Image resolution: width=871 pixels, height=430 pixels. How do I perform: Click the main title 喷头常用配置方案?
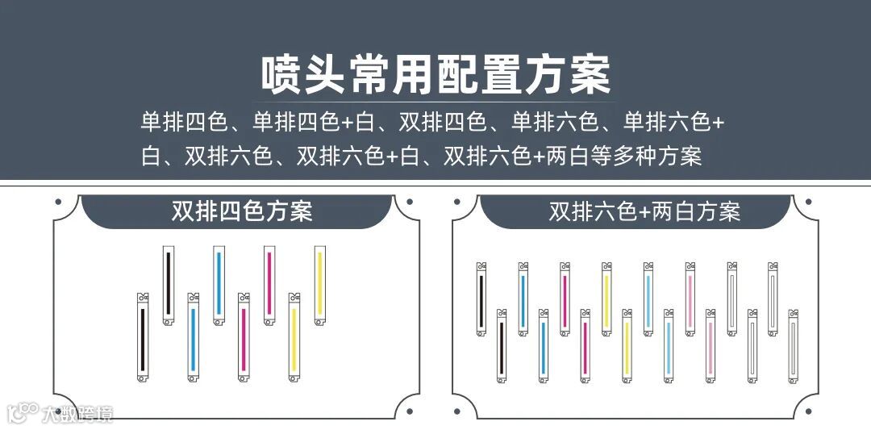point(435,74)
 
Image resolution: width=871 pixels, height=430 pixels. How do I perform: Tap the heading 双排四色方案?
point(242,211)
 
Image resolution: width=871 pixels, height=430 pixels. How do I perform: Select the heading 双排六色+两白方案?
point(644,211)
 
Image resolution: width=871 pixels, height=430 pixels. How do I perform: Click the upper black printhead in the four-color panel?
point(169,285)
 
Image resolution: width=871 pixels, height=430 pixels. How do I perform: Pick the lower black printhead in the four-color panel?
point(143,337)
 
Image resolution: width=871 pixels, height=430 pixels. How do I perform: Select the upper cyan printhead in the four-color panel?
point(219,285)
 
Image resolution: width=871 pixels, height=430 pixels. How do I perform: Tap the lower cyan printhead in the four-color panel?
point(193,337)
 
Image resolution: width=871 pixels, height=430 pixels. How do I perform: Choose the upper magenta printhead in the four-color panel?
point(269,285)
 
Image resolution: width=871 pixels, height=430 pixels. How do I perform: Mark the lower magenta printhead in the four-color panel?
point(244,337)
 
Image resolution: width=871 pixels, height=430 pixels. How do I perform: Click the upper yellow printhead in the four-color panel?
point(319,285)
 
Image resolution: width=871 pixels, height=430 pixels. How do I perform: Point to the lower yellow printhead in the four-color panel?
point(294,337)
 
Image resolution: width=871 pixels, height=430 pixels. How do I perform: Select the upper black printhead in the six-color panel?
point(481,298)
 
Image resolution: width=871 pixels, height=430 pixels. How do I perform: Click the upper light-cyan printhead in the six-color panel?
point(648,298)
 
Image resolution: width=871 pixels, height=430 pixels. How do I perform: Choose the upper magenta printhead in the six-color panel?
point(565,298)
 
